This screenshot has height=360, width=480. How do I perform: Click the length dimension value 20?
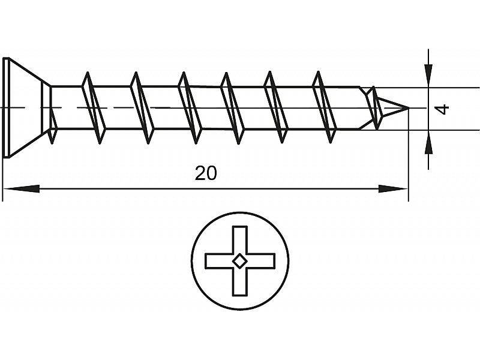[x=206, y=173]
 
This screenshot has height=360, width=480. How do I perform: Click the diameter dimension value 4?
[x=443, y=109]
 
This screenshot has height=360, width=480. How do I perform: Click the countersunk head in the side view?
[x=24, y=108]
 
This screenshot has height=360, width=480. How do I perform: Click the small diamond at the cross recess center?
[x=240, y=260]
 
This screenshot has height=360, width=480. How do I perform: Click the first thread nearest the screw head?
[x=94, y=108]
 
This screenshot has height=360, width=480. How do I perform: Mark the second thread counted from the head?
[x=142, y=108]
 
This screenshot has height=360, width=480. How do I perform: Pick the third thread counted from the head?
[x=190, y=108]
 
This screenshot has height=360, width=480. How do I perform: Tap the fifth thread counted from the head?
[x=276, y=108]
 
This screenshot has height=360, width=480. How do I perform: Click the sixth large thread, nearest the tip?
[x=324, y=108]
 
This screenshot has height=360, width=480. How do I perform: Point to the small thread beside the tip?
[x=376, y=108]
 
